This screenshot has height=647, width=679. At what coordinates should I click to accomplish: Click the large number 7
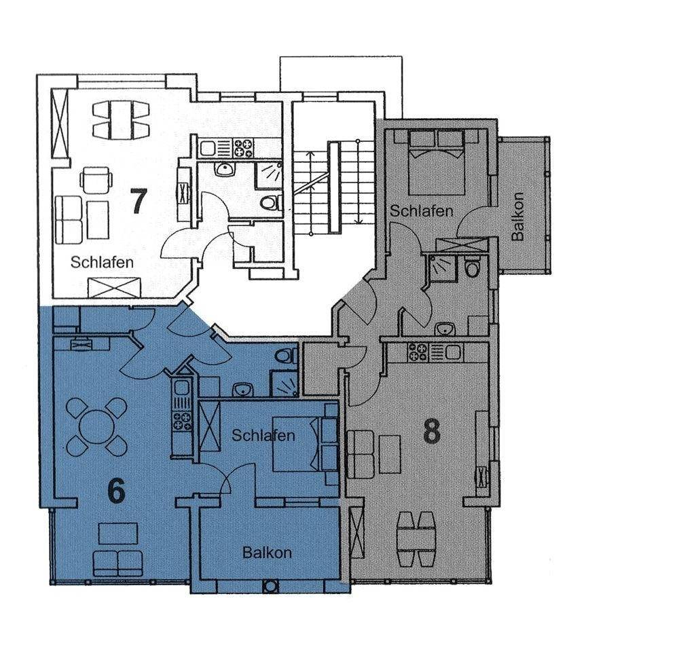(139, 201)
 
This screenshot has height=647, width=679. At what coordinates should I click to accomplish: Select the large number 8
(432, 431)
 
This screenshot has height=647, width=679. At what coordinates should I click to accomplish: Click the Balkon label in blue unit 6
(267, 553)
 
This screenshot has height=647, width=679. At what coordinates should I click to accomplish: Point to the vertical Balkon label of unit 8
(517, 216)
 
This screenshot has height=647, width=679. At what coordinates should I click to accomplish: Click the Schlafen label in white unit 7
(103, 263)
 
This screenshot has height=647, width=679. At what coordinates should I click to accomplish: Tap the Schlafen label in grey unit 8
(422, 211)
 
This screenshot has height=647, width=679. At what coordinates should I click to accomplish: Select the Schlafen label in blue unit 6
(263, 435)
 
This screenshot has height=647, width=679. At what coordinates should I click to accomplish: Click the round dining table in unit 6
(96, 426)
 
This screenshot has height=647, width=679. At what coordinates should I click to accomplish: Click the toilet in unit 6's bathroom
(287, 356)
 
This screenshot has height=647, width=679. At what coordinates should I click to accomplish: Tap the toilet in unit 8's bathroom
(472, 267)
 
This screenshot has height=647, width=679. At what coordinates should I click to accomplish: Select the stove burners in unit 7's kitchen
(243, 148)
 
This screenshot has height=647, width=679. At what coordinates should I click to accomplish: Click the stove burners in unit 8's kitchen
(418, 352)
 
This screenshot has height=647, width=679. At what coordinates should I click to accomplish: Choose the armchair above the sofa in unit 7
(96, 180)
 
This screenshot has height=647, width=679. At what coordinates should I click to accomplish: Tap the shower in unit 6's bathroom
(284, 384)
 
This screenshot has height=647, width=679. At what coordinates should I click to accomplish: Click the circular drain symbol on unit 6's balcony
(271, 587)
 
